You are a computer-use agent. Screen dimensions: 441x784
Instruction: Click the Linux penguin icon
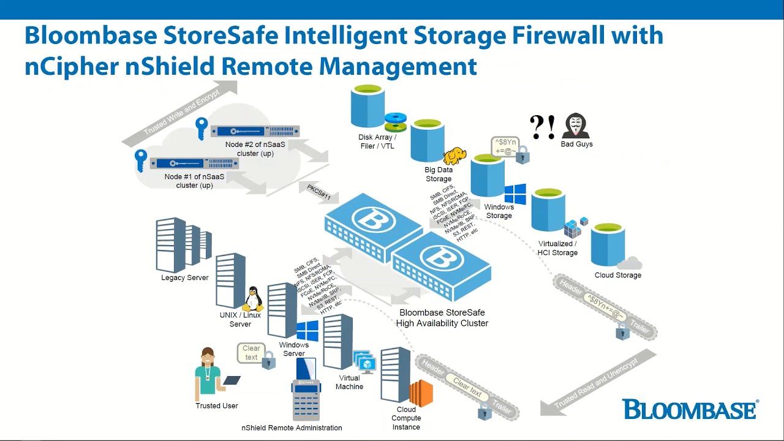coord(253,300)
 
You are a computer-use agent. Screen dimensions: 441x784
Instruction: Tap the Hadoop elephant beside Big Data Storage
coord(455,156)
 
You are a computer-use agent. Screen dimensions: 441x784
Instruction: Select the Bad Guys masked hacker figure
coord(576,126)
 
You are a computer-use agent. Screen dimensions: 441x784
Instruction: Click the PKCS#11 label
coord(318,192)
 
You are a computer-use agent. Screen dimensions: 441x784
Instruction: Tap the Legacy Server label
coord(185,277)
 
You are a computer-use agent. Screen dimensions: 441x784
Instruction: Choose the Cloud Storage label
coord(618,275)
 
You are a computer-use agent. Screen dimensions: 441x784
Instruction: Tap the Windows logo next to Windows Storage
coord(515,194)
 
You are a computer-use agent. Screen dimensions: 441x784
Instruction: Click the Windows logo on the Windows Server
coord(307,331)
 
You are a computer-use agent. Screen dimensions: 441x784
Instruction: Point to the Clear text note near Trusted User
coord(251,353)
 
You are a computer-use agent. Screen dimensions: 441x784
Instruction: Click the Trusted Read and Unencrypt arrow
coord(597,383)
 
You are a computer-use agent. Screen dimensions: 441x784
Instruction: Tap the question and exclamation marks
coord(542,126)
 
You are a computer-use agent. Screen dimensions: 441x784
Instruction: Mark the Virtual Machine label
coord(350,382)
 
